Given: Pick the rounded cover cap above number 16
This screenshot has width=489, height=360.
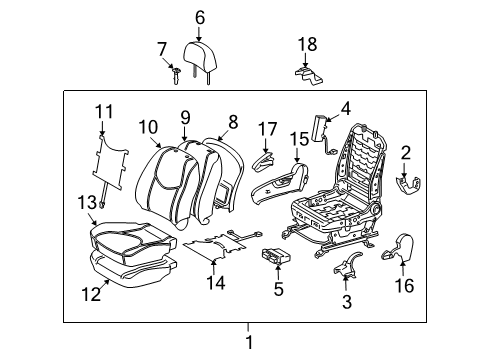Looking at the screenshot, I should tap(401, 245).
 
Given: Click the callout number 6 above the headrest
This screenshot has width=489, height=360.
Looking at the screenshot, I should tap(199, 17).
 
